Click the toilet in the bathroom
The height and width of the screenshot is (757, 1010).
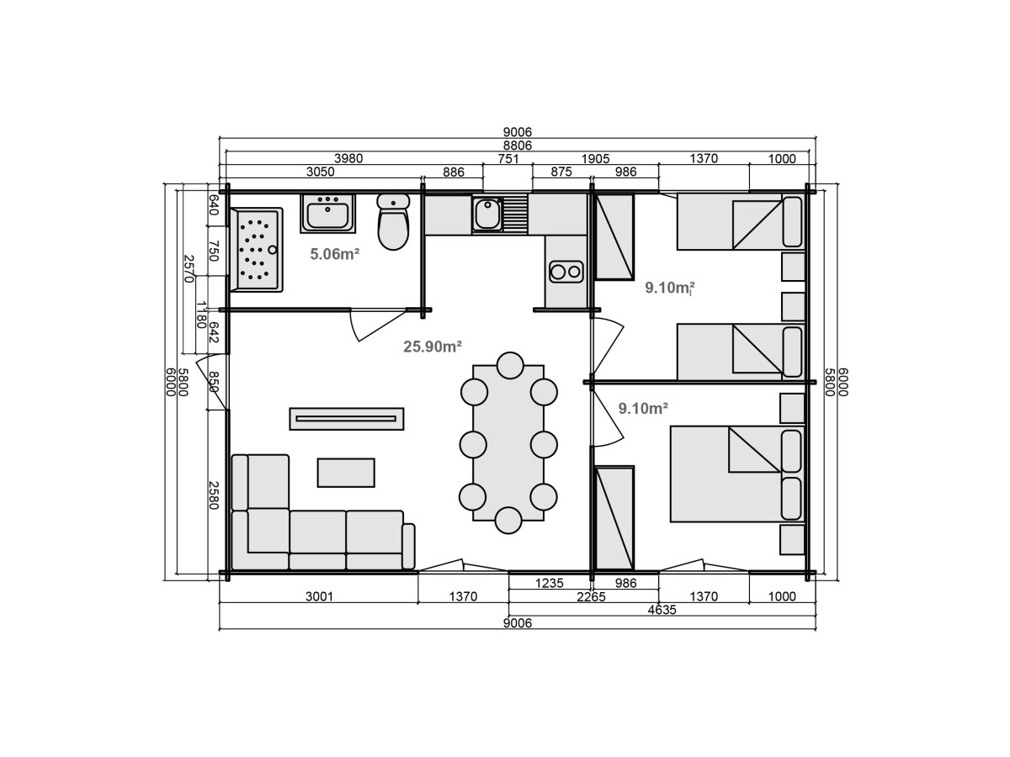pos(393,221)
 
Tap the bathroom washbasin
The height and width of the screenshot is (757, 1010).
pos(327,214)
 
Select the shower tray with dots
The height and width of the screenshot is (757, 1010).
pos(256,250)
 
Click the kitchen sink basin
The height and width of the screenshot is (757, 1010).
pos(487,214)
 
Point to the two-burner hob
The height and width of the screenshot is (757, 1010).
pos(566,272)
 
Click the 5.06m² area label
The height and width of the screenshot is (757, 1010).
pos(334,254)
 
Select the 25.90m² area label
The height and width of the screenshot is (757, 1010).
pos(433,347)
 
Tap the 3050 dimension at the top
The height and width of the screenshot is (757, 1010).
pos(321,172)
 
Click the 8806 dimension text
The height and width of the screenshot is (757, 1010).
pos(517,146)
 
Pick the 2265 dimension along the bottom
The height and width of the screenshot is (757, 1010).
pos(592,597)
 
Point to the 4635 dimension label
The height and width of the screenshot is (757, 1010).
pos(662,610)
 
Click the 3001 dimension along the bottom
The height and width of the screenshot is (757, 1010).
pos(319,596)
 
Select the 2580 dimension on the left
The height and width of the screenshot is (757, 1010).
pos(213,495)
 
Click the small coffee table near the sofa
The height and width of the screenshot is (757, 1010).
pos(346,473)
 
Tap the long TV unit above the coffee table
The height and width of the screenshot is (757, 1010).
pos(347,419)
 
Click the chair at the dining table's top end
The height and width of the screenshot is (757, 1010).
pos(510,365)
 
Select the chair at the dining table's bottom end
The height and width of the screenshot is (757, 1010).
pos(508,521)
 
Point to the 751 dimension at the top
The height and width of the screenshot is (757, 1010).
pos(508,159)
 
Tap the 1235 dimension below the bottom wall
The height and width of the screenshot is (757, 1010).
pos(550,583)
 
